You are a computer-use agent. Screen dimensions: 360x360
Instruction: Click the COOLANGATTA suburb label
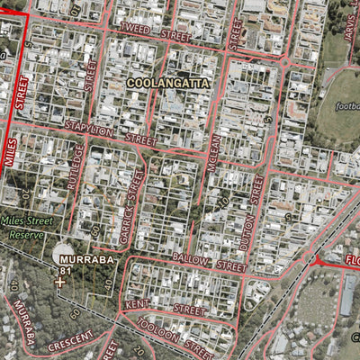167,82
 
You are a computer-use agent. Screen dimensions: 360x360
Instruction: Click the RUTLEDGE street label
76,167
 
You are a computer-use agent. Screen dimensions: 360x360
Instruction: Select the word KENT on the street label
138,306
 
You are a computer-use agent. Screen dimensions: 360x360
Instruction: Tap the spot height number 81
65,269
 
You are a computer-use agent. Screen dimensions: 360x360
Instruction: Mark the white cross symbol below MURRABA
60,283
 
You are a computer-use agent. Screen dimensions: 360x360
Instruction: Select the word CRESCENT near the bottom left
71,341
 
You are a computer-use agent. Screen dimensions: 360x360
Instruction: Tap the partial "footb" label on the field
346,106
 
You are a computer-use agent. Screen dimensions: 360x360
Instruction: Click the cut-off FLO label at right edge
352,261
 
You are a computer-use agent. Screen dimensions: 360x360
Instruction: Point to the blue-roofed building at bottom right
347,294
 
